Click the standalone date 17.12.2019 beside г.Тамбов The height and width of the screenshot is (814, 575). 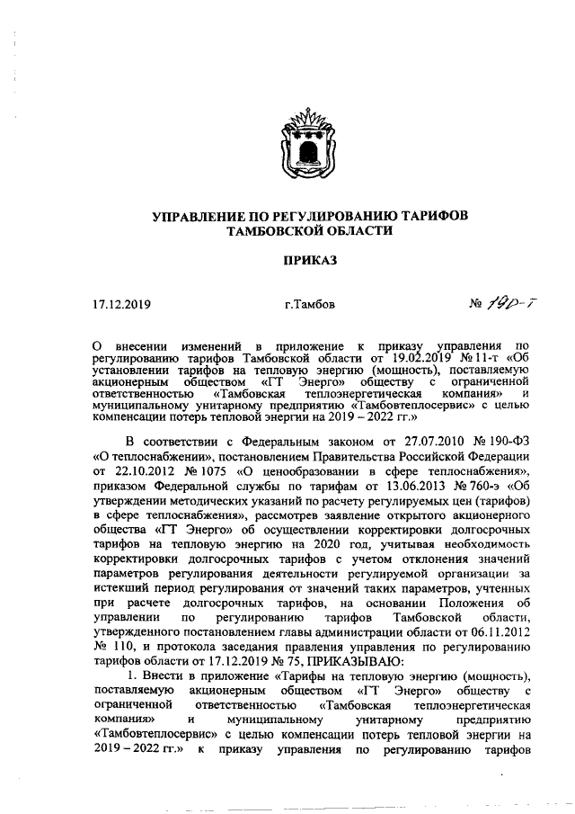(x=121, y=304)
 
